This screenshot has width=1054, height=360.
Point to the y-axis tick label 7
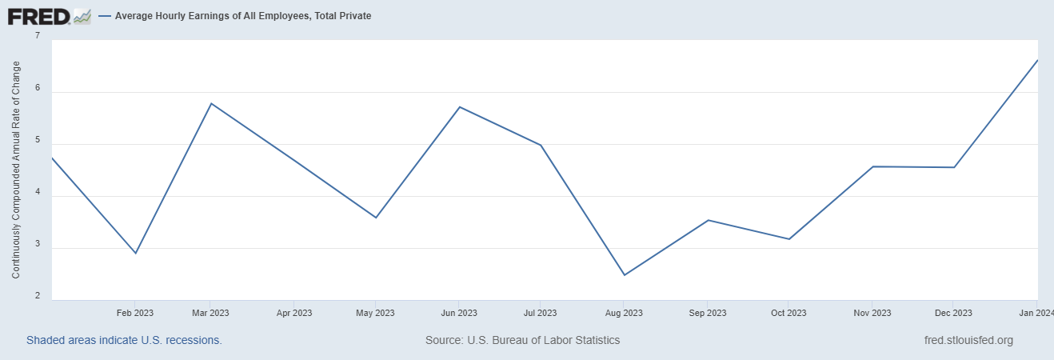(38, 36)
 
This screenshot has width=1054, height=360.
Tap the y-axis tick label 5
(38, 145)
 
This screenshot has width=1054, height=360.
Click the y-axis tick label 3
(38, 249)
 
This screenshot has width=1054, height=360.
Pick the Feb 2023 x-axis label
(135, 313)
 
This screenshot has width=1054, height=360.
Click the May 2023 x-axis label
(375, 313)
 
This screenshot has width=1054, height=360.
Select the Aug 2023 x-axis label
(624, 313)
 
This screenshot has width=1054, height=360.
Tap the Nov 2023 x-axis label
(872, 313)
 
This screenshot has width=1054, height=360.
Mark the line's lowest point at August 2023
(625, 275)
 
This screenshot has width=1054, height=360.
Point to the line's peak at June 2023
(460, 106)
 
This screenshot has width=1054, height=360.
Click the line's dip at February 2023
(136, 254)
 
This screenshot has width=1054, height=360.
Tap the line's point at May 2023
(376, 218)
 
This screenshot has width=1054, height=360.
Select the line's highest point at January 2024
(1037, 60)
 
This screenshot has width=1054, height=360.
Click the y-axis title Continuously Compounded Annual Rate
(16, 170)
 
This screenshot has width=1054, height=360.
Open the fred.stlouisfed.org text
(968, 340)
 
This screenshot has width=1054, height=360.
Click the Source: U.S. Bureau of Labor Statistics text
(522, 340)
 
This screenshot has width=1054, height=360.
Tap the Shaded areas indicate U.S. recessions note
(124, 340)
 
